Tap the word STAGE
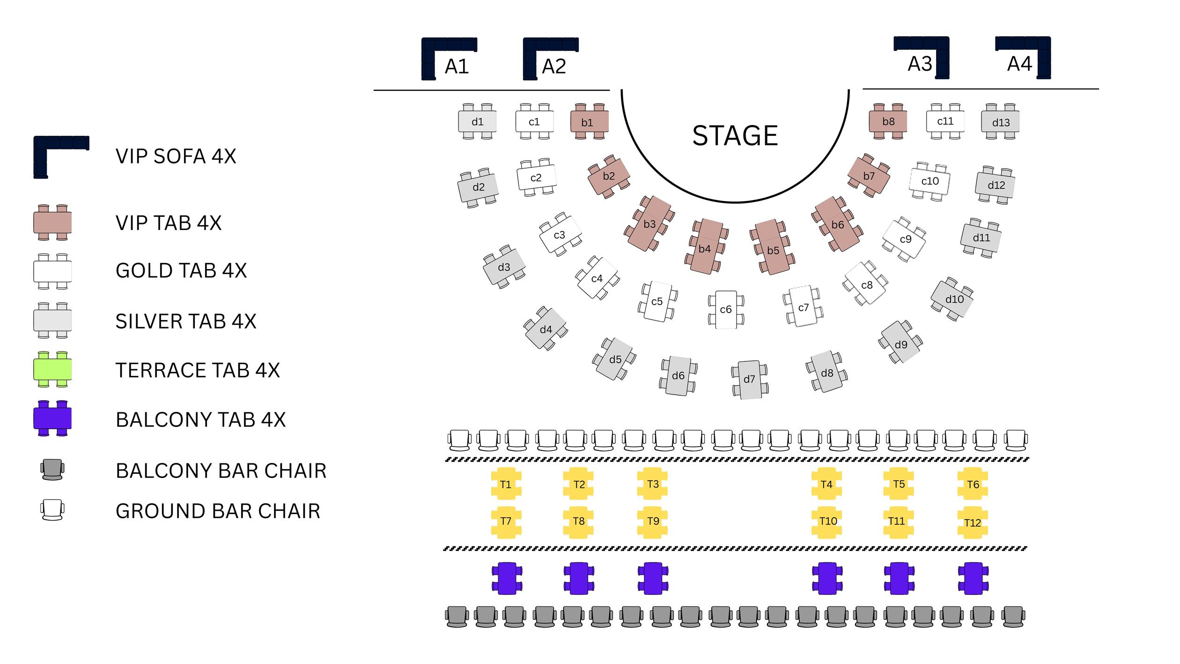(x=735, y=136)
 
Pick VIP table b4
(x=706, y=246)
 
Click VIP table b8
(x=888, y=121)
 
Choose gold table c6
(x=726, y=309)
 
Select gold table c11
(x=945, y=121)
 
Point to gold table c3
(x=560, y=234)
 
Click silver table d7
(x=749, y=379)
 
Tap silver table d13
(x=1000, y=122)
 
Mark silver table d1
(x=477, y=122)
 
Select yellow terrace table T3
(x=652, y=484)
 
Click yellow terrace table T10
(x=827, y=521)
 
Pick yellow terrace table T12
(x=973, y=522)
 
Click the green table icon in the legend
(x=52, y=369)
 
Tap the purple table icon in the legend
(x=52, y=418)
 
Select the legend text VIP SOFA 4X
(x=176, y=156)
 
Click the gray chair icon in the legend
(x=52, y=469)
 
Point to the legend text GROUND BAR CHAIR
(x=218, y=511)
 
